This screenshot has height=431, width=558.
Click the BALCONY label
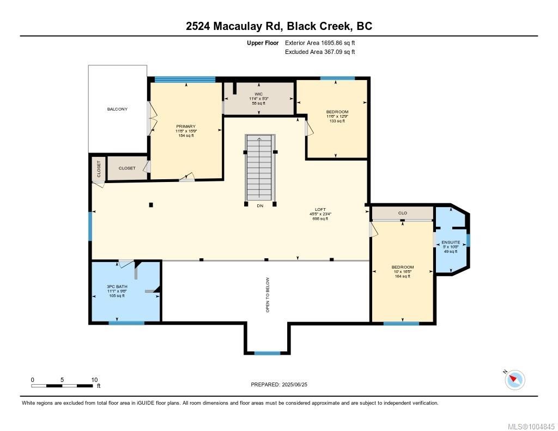117,109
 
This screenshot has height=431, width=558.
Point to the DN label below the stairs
259,205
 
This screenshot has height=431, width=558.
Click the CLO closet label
402,213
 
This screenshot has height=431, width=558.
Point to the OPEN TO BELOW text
268,295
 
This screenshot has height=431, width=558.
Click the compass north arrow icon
514,379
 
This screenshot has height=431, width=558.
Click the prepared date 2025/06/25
283,385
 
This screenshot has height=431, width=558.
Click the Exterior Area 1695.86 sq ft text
320,43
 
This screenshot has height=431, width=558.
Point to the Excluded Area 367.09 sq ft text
320,52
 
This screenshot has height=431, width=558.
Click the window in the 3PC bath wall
126,323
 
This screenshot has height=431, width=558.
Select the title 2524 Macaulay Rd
278,26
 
